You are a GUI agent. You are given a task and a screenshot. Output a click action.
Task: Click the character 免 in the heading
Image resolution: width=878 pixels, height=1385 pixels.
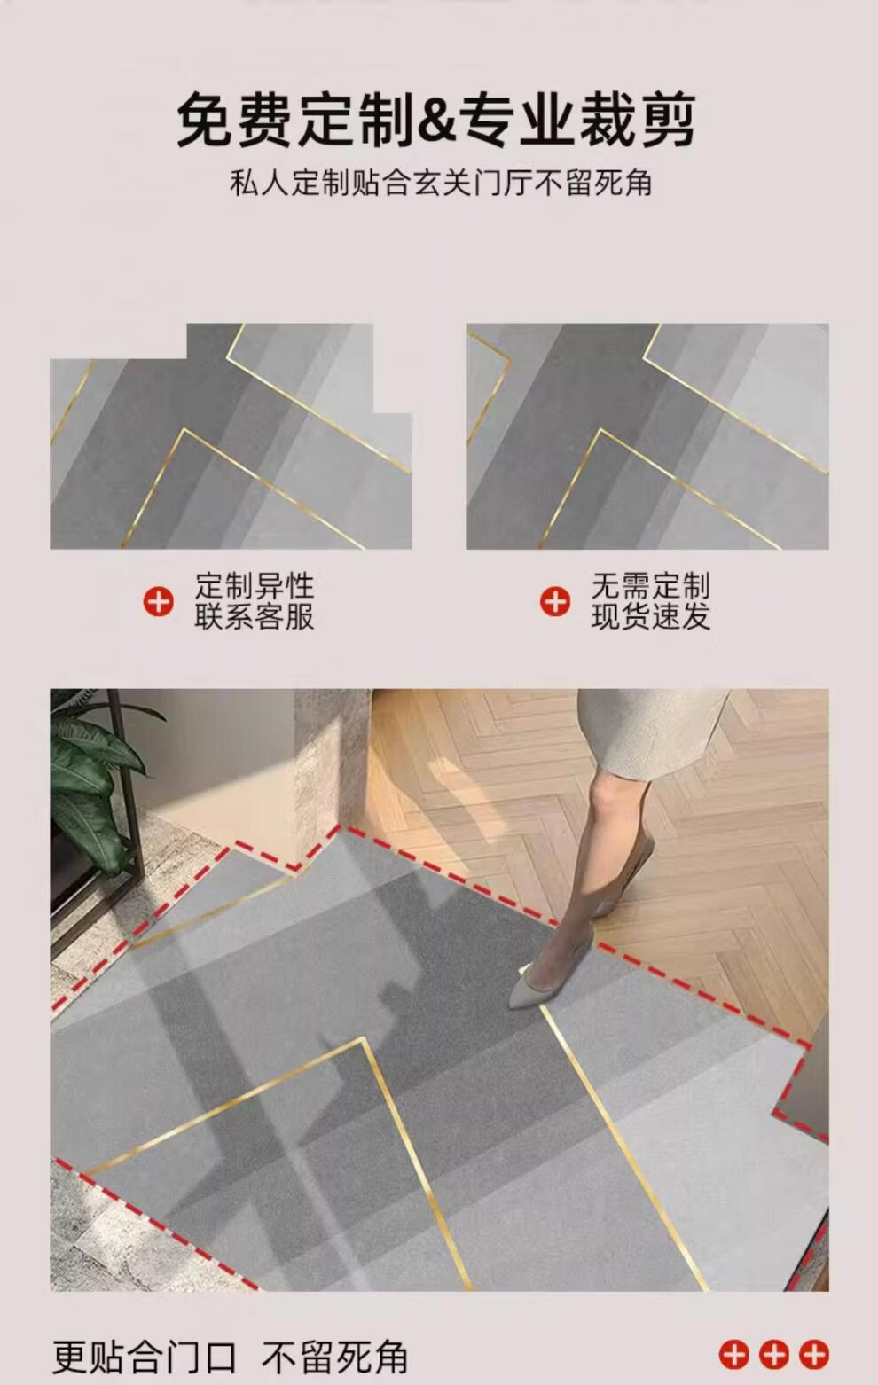pos(206,120)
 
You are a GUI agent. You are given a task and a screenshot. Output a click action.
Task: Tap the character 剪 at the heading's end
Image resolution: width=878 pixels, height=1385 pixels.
pos(668,120)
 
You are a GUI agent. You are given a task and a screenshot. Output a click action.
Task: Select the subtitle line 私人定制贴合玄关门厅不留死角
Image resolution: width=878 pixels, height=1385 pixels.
pos(441,183)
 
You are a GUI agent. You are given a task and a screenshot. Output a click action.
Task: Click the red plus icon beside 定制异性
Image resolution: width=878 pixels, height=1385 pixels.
pos(158,601)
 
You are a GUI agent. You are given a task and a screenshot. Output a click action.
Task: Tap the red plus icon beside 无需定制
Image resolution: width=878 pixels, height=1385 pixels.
pos(555,601)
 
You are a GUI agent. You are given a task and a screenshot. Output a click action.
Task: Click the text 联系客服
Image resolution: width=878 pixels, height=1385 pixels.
pos(255,616)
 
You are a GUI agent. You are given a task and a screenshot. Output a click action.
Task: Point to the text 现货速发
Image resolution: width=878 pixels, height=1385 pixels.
pos(650,616)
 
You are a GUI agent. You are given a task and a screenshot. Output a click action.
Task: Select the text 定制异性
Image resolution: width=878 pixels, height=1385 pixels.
pos(255,585)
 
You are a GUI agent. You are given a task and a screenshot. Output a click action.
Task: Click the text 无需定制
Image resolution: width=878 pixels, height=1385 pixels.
pos(650,585)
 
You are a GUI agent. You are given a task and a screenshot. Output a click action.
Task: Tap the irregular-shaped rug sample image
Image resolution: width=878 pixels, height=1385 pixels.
pos(231,436)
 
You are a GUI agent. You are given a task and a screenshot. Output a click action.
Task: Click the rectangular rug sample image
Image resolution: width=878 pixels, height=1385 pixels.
pos(647,436)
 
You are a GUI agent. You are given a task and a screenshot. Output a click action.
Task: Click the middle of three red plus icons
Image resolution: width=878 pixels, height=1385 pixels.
pos(774,1354)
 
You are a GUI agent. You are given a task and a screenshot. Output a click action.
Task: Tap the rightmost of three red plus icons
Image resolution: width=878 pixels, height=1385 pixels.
pos(813,1354)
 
